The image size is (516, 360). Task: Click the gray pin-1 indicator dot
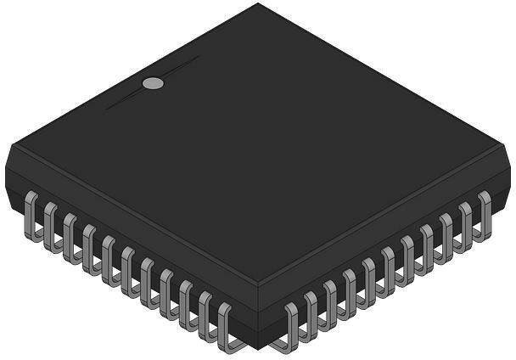(x=153, y=83)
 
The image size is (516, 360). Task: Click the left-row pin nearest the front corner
(x=225, y=327)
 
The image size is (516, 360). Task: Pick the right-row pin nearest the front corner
(x=290, y=327)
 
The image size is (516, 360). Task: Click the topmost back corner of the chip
(x=258, y=4)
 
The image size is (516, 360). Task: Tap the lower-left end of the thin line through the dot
(x=106, y=109)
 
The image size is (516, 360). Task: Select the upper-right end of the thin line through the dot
(x=199, y=57)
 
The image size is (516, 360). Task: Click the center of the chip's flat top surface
(x=258, y=149)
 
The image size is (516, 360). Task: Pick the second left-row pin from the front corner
(x=205, y=316)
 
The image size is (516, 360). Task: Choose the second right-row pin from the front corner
(x=310, y=316)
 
